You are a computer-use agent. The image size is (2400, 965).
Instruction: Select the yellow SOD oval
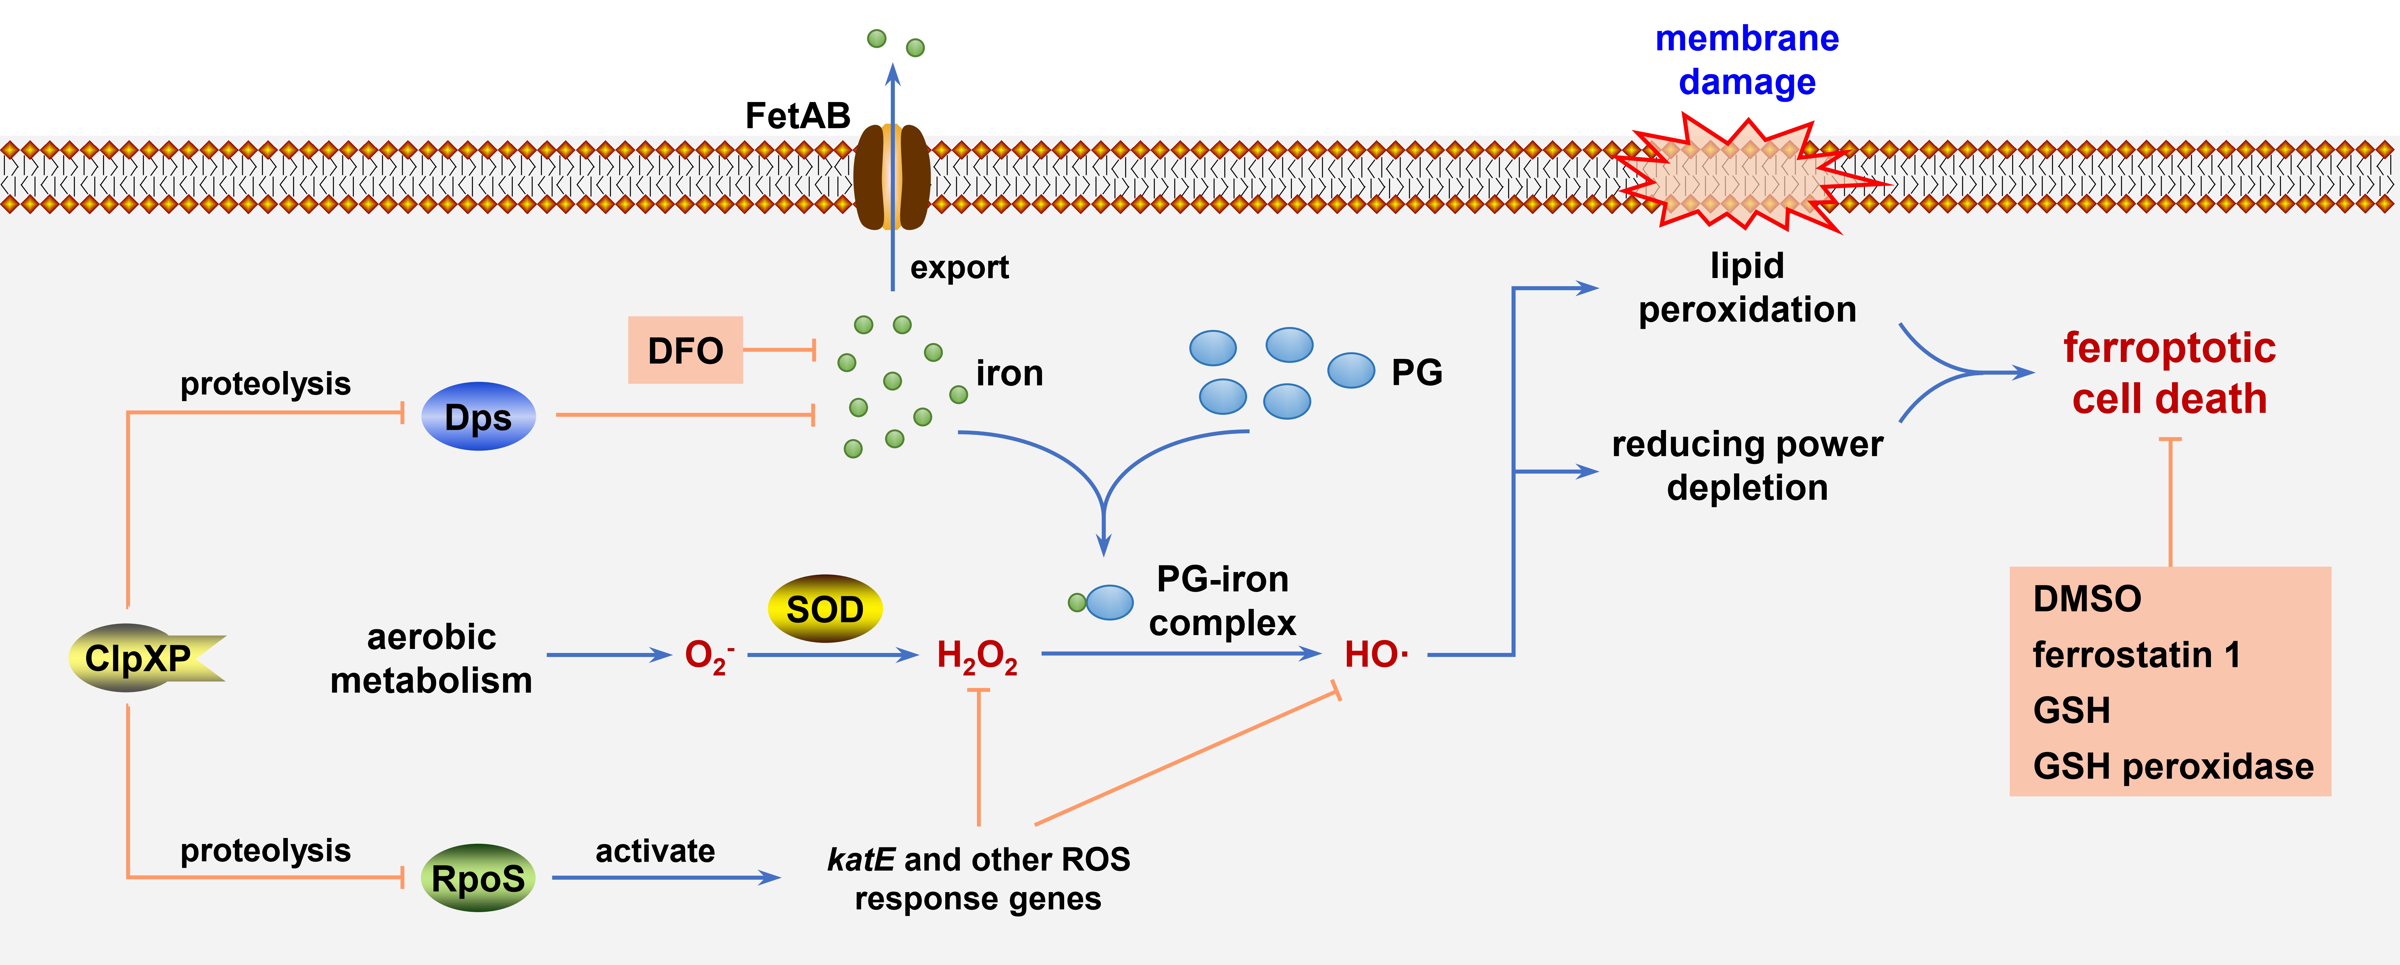[x=825, y=609]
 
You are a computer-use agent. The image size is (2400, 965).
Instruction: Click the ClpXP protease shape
[x=140, y=658]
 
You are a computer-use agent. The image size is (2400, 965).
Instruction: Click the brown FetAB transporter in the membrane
[x=891, y=177]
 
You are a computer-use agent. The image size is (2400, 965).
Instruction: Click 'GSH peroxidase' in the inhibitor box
[x=2173, y=766]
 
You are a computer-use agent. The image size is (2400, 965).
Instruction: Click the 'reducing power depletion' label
[x=1747, y=466]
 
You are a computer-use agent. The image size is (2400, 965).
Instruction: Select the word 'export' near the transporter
[x=959, y=267]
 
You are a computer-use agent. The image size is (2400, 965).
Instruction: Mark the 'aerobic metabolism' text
[x=431, y=658]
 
